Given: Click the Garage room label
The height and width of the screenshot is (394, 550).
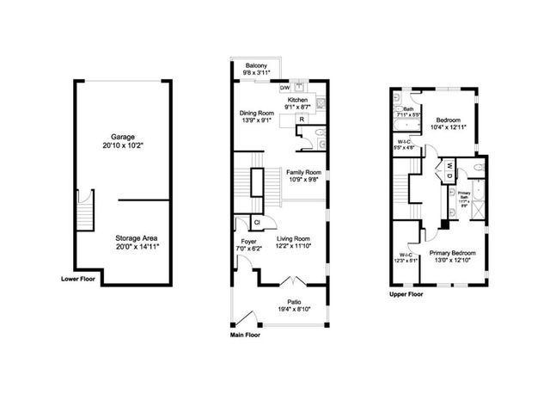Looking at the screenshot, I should pos(123,137).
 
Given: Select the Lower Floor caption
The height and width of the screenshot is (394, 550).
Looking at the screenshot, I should pos(79,280).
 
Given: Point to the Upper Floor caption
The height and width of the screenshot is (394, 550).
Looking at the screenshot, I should pos(406,294).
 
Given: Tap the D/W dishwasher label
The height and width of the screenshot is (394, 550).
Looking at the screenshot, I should pos(284,86).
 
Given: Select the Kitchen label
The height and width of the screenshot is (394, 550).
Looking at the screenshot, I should pos(297,100).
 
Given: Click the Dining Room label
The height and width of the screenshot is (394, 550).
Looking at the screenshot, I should pos(256,113).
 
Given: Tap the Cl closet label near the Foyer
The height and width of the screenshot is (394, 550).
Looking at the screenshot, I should pos(245,223).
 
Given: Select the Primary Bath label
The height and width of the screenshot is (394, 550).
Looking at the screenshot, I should pos(463,194).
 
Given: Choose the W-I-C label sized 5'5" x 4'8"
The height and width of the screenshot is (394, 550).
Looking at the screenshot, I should pos(405,141).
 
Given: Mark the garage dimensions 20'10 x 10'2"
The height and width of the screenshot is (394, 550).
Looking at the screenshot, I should pos(123,146).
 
